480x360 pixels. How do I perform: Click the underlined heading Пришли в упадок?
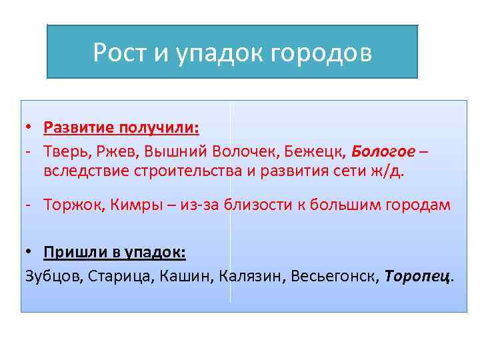(x=115, y=253)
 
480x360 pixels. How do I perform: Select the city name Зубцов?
(x=51, y=276)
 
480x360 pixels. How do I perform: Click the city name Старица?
(x=120, y=276)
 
